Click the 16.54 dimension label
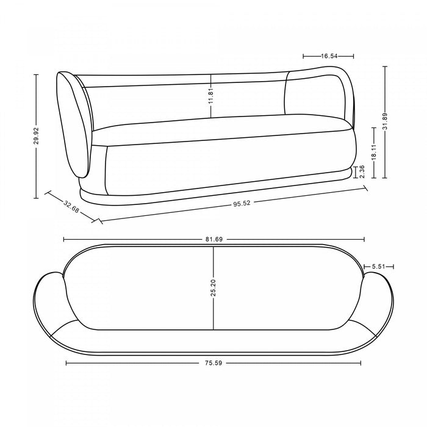point(329,56)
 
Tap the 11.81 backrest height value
point(211,96)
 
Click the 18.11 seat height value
point(374,152)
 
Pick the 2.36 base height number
point(362,171)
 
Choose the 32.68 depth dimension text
point(71,207)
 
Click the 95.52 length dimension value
point(242,203)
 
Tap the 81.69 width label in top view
point(213,239)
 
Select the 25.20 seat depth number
point(213,288)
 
